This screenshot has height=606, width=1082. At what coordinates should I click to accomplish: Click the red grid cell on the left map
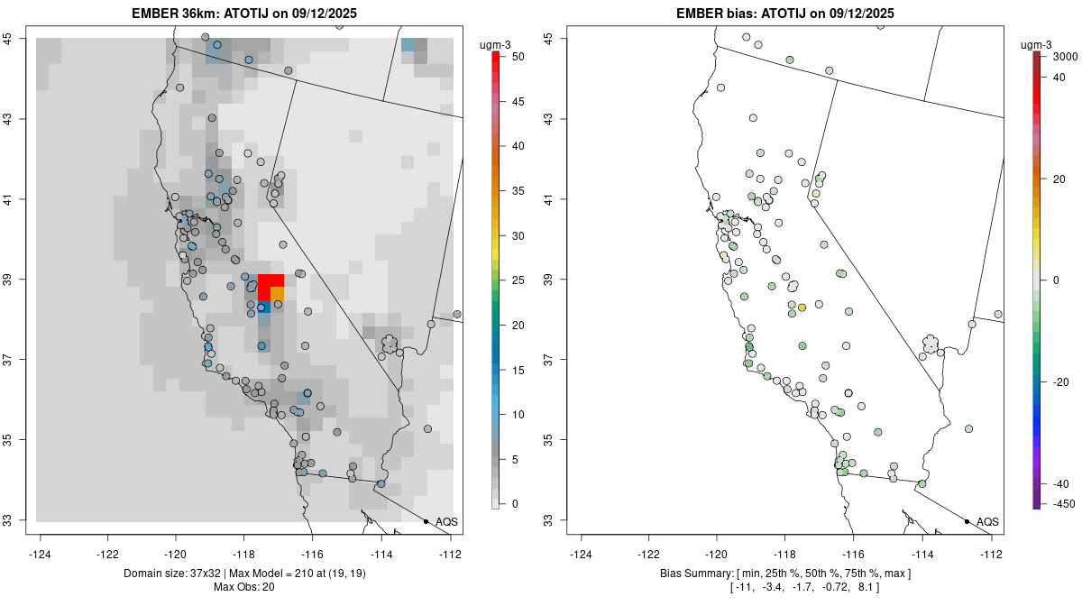point(270,287)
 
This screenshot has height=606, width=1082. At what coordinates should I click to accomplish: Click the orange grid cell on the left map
point(278,294)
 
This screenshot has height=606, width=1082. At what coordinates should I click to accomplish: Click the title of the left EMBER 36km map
point(249,13)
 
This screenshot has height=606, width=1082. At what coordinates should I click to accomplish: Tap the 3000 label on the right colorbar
point(1065,56)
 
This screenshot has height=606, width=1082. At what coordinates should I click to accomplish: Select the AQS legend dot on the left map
point(426,521)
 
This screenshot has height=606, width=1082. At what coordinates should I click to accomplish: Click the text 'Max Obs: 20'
point(249,588)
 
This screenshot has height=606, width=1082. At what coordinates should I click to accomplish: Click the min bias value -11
point(745,588)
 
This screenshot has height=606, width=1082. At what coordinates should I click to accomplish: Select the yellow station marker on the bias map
point(802,308)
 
